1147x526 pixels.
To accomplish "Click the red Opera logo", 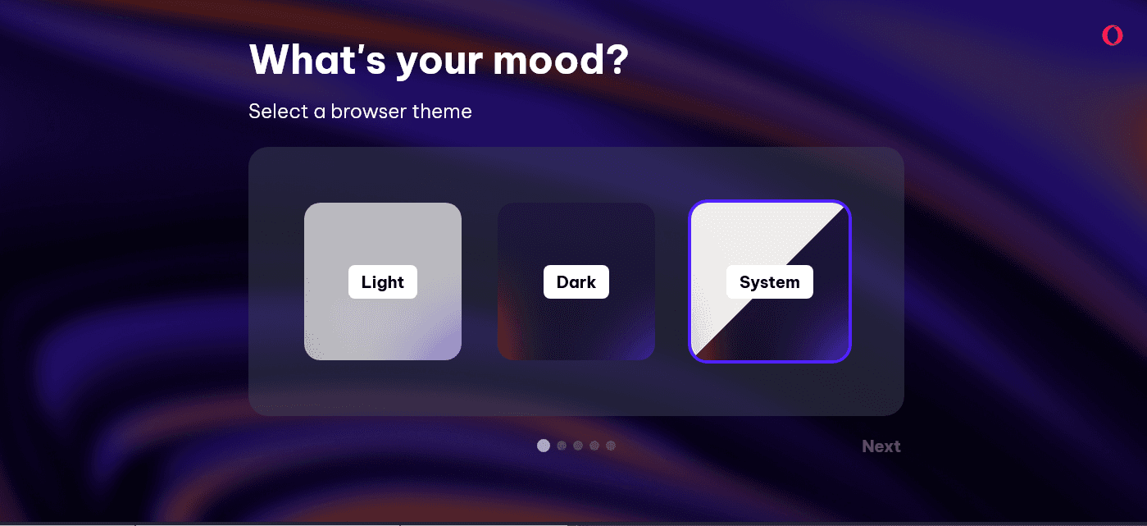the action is [1113, 35].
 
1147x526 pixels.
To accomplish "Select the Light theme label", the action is [383, 282].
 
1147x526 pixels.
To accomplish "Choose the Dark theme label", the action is [576, 282].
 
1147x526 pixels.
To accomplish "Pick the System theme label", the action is [770, 282].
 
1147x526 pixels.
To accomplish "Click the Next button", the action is [881, 446].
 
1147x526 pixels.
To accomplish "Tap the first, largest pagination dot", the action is [544, 446].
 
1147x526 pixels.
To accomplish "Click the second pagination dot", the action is [562, 446].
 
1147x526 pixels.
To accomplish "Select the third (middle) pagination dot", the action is [578, 446].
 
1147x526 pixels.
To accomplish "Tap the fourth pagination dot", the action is [594, 446].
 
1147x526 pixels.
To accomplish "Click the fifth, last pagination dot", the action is [611, 446].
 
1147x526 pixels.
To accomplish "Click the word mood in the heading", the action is [549, 60].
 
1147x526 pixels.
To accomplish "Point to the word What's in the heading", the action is [317, 59].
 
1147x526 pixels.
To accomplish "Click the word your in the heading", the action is [439, 63].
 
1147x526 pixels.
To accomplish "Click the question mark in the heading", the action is [619, 59].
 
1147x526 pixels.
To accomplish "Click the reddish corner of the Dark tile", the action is [512, 333].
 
